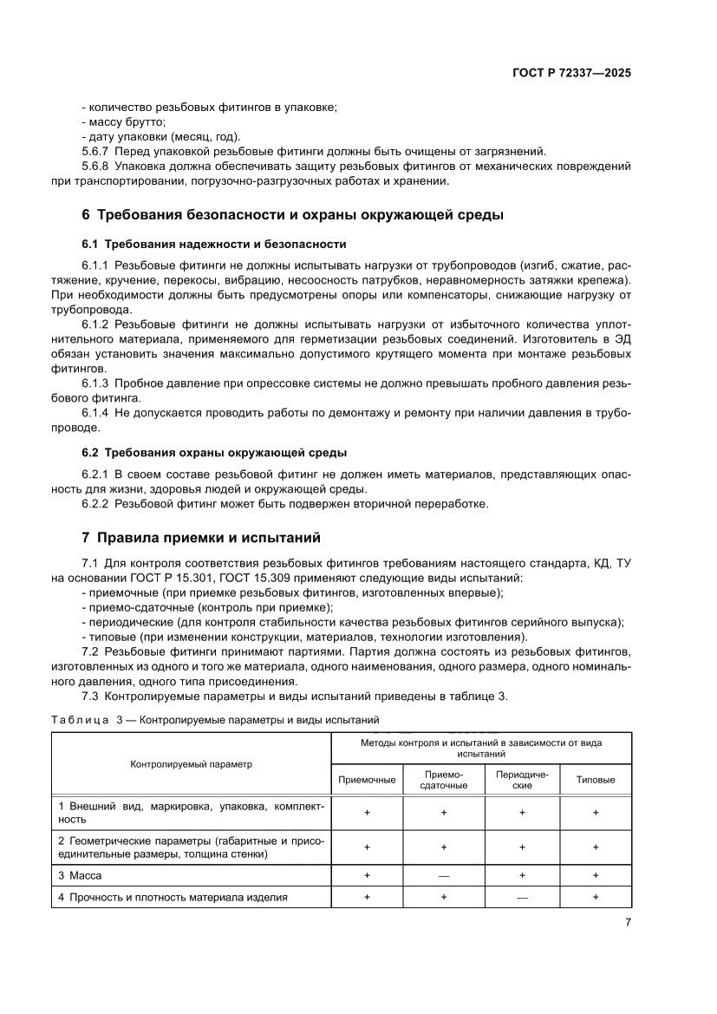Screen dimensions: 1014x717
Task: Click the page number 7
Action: pos(627,922)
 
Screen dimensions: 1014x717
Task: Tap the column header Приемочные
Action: pos(367,780)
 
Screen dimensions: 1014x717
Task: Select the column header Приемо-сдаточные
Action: pos(443,779)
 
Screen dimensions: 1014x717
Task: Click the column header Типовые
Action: pos(596,780)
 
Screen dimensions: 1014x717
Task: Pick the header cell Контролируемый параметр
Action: pos(190,764)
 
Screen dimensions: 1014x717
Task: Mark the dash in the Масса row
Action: pos(443,876)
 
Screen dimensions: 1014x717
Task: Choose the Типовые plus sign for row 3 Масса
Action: pos(596,876)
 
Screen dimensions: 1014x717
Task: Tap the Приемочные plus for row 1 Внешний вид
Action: pos(367,813)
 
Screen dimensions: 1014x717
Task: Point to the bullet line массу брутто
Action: pos(127,121)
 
